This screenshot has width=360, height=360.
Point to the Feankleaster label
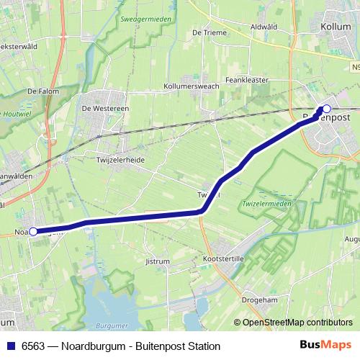click(247, 81)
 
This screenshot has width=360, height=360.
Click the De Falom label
click(42, 91)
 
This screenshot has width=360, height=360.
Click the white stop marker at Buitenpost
click(325, 109)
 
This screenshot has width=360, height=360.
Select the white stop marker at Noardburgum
click(33, 232)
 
